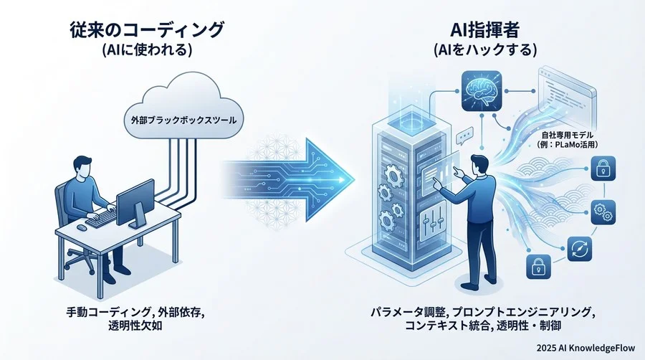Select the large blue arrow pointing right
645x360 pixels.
tap(301, 176)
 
